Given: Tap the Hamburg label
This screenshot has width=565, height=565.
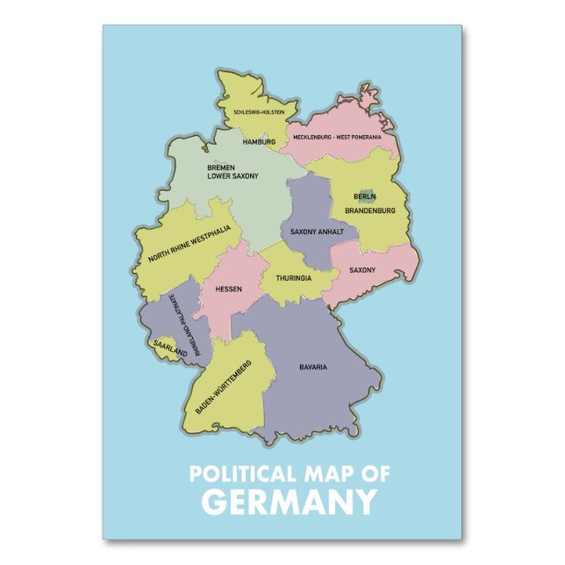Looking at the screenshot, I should (x=259, y=141).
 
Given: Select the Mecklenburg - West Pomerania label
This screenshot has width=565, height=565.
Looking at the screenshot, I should (x=343, y=137).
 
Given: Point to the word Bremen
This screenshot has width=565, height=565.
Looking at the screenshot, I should (x=221, y=167).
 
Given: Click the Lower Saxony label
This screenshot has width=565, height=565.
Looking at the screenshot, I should (x=232, y=176).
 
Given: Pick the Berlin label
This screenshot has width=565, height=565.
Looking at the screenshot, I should (x=365, y=197).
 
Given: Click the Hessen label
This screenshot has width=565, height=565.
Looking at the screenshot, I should (x=229, y=289).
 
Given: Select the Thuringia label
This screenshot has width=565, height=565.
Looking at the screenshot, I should (x=294, y=278).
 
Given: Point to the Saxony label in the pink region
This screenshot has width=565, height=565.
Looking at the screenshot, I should (x=362, y=270).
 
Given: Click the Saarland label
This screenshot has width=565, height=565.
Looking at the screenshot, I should (x=168, y=347).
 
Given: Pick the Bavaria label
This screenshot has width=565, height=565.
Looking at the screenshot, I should (x=313, y=366).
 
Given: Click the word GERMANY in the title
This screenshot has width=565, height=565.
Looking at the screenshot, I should (x=289, y=503).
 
